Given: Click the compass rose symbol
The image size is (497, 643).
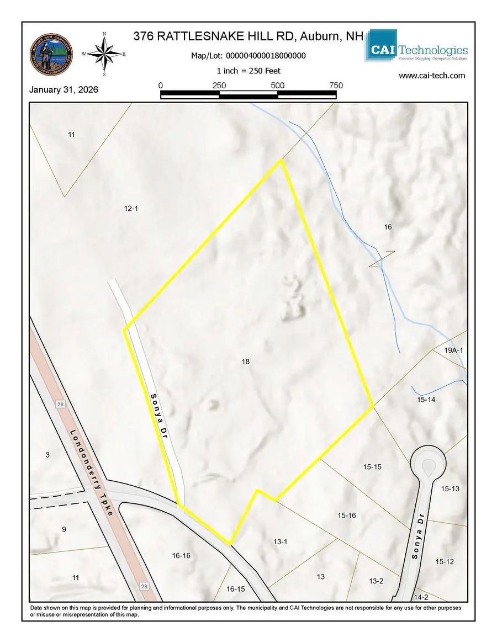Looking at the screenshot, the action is coord(104,54).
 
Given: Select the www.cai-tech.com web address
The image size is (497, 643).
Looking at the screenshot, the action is coord(431,76).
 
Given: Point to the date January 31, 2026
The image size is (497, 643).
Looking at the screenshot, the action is coord(64,89).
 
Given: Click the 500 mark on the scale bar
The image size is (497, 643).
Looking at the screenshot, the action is coord(277,86).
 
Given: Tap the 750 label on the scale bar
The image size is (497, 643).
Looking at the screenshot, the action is coord(336,86).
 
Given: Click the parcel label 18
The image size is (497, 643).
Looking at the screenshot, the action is coord(246,362).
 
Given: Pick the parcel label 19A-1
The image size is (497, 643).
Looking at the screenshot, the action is coord(454,350).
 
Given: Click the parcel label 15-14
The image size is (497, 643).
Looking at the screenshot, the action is coord(426,399).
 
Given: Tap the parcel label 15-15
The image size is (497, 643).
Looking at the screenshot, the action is coord(372,467).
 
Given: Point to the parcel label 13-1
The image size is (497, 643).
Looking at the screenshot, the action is coord(281,542).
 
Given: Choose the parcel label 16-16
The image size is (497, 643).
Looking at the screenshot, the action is coord(181,556).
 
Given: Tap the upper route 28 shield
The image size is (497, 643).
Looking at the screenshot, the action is coord(60,405).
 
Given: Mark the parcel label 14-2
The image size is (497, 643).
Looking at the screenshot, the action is coord(421,597).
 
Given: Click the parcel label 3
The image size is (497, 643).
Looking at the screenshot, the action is coord(47,455).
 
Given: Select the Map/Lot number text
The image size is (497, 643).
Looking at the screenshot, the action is coord(248,56).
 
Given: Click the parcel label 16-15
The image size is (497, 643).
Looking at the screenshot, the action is coord(235,589).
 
